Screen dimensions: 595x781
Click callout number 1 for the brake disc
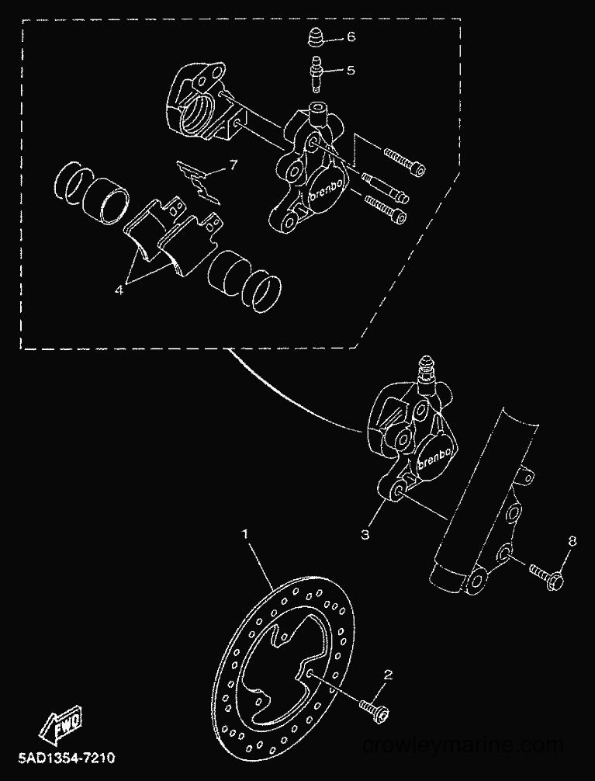click(245, 534)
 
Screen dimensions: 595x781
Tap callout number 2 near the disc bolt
click(388, 675)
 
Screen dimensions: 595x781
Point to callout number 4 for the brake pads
click(119, 290)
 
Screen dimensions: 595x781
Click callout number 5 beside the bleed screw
click(351, 70)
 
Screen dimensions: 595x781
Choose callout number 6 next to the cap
click(351, 36)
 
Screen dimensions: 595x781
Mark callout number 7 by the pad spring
click(234, 165)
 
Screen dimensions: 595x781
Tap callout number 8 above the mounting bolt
click(572, 541)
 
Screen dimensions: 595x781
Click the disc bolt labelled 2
click(374, 710)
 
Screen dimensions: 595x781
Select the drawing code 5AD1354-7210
click(67, 758)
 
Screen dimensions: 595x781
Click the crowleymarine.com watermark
click(463, 745)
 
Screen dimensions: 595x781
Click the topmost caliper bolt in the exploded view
click(405, 162)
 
